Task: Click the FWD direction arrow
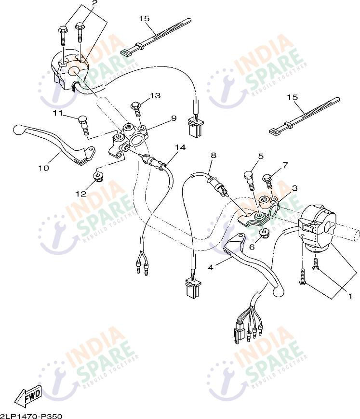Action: click(x=28, y=395)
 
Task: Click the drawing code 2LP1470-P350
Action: click(x=31, y=416)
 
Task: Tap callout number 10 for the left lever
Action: click(x=43, y=168)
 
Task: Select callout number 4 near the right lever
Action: click(x=211, y=267)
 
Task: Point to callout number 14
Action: click(x=180, y=147)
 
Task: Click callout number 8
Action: click(x=213, y=155)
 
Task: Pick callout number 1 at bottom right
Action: click(x=350, y=296)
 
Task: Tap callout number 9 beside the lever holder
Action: click(x=173, y=118)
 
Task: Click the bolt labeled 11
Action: click(x=83, y=125)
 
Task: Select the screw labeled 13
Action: click(x=136, y=108)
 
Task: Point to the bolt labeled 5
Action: click(x=249, y=180)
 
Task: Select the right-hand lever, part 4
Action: click(x=253, y=263)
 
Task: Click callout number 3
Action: click(x=294, y=188)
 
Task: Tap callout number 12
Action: click(x=81, y=193)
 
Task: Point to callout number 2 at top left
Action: click(x=95, y=3)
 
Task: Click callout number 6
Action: click(x=252, y=247)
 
